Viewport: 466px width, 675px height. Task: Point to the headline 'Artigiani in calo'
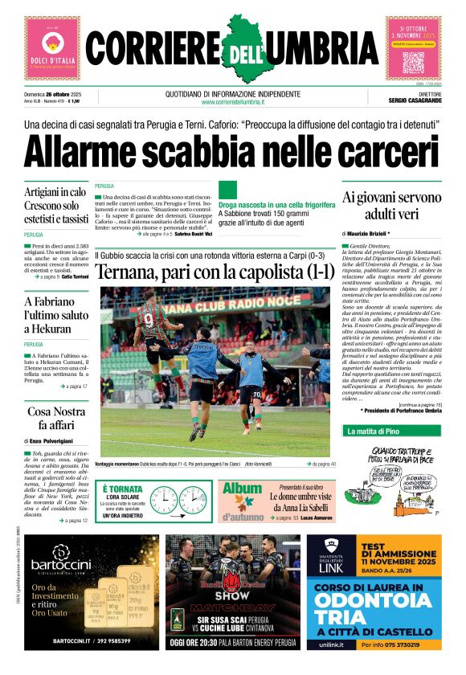point(55,192)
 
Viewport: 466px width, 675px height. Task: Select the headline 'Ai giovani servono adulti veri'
point(392,205)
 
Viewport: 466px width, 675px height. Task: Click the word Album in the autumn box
point(242,489)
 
